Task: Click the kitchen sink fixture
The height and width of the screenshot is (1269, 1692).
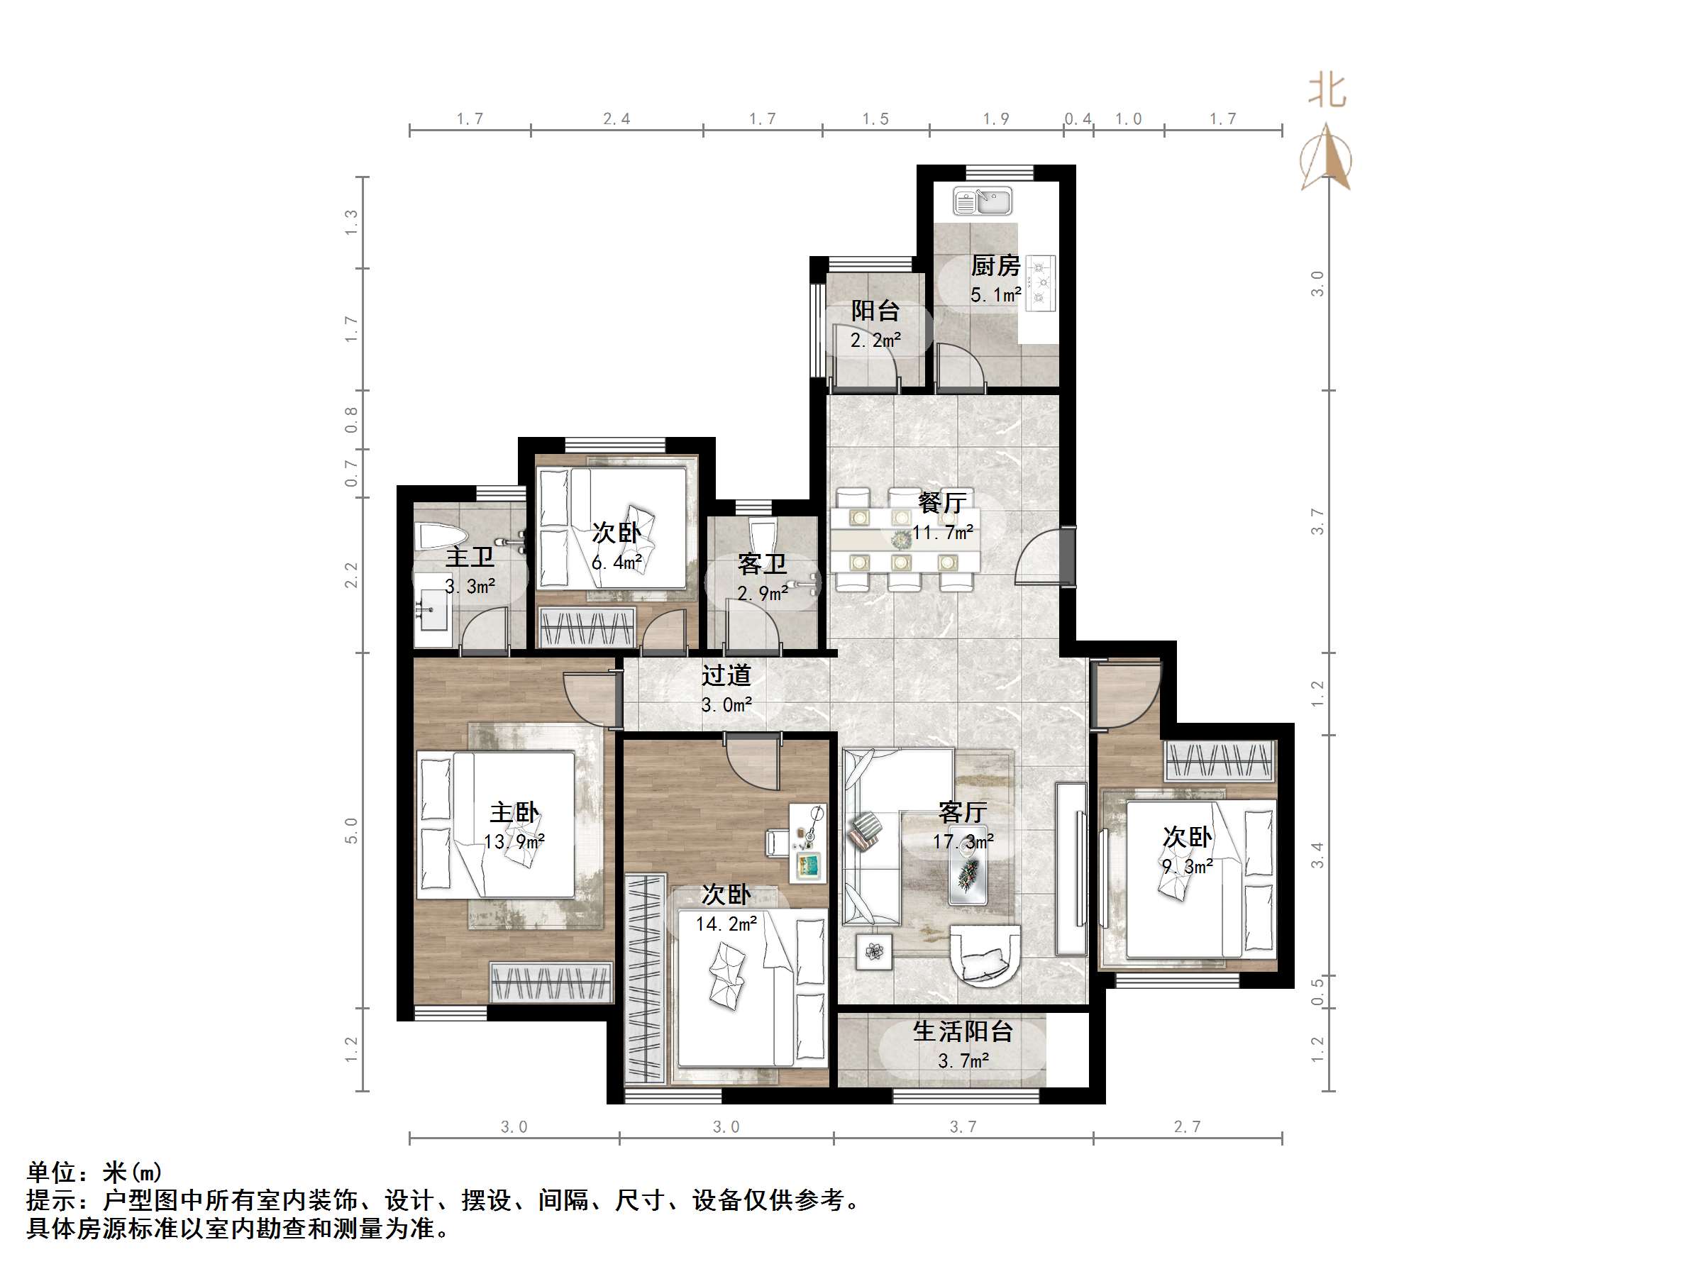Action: [x=982, y=202]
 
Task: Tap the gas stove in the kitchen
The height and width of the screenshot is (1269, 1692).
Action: [x=1040, y=283]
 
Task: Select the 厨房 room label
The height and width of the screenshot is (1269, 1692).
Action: [x=995, y=266]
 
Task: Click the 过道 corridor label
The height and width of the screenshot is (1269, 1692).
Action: [x=726, y=675]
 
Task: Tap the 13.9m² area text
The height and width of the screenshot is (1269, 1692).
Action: [x=514, y=842]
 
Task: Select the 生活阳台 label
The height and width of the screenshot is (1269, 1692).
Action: [x=963, y=1032]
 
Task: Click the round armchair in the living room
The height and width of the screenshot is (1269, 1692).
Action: [x=985, y=954]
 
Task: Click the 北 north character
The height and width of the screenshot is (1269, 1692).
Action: [x=1327, y=90]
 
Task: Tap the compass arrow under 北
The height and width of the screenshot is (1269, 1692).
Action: [x=1327, y=160]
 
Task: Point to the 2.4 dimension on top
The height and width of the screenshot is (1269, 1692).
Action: [x=616, y=118]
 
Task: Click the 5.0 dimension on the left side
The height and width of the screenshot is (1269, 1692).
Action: [x=351, y=830]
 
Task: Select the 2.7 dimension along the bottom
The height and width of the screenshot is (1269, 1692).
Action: [x=1187, y=1126]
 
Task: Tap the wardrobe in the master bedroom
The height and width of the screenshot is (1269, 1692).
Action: [x=551, y=983]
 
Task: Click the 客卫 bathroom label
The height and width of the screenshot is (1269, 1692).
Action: [x=762, y=565]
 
